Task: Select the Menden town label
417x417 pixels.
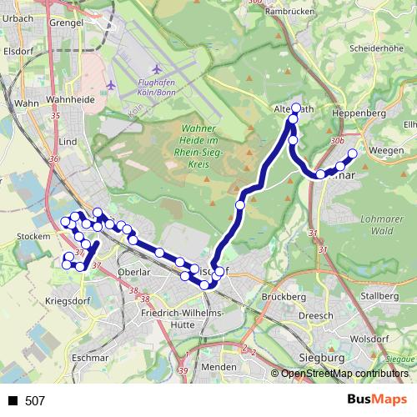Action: (x=219, y=367)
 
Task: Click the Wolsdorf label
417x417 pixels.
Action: (x=370, y=339)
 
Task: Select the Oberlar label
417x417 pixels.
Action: (x=133, y=272)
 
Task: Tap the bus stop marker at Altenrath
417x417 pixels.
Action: (x=295, y=108)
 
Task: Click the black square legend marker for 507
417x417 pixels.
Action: (x=12, y=401)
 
